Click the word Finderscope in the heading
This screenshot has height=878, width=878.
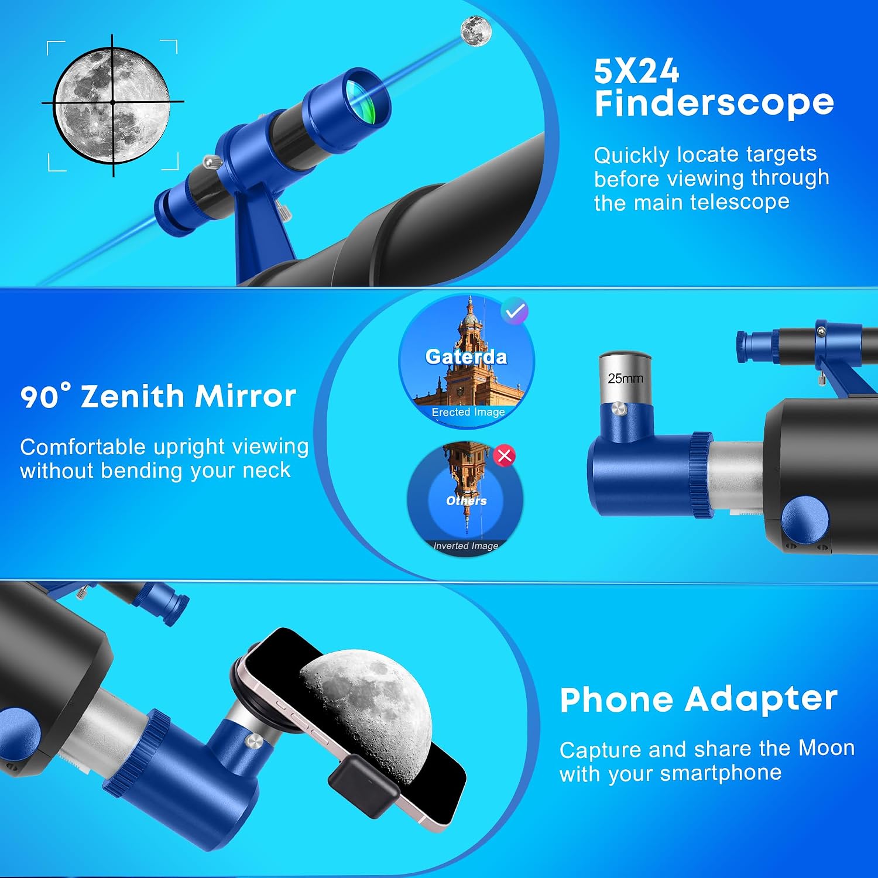[x=714, y=104]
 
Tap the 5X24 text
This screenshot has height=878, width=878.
[x=636, y=71]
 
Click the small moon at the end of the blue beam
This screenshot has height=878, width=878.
[x=476, y=30]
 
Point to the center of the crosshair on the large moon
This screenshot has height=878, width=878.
[x=112, y=102]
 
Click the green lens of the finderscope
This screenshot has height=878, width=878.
[x=361, y=97]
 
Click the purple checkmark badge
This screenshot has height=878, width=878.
[x=515, y=311]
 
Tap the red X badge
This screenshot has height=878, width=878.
[x=505, y=455]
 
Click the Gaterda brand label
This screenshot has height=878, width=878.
[x=466, y=356]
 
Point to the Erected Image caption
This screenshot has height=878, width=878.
[x=468, y=412]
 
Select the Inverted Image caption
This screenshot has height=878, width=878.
[x=466, y=546]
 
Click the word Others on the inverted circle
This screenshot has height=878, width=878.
[x=467, y=500]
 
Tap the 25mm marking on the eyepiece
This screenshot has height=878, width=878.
[x=625, y=379]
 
